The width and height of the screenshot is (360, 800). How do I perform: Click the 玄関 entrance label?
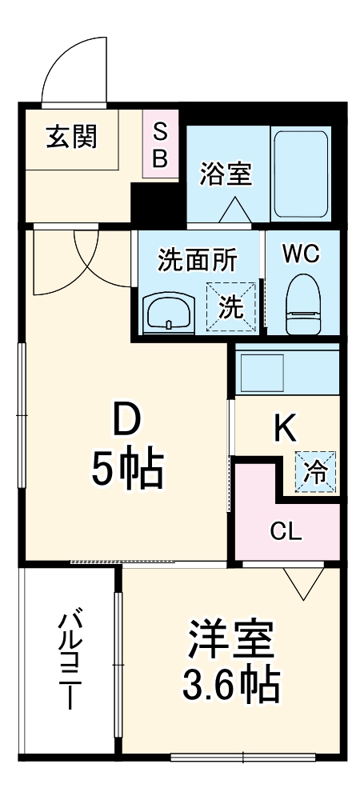(70, 137)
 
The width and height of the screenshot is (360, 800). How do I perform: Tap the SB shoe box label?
(160, 145)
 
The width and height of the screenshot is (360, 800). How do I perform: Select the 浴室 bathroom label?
(226, 173)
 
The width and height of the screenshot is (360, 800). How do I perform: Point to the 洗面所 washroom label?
(197, 261)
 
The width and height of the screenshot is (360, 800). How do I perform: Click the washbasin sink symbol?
(169, 310)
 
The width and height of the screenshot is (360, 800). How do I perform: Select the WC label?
(302, 254)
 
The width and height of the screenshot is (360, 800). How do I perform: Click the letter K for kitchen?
(286, 430)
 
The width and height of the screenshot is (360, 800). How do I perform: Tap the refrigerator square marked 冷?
(316, 471)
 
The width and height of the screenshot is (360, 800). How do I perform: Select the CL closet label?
(286, 530)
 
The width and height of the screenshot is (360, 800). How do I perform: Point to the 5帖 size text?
(126, 470)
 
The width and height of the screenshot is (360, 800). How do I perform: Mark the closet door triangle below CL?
(303, 583)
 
